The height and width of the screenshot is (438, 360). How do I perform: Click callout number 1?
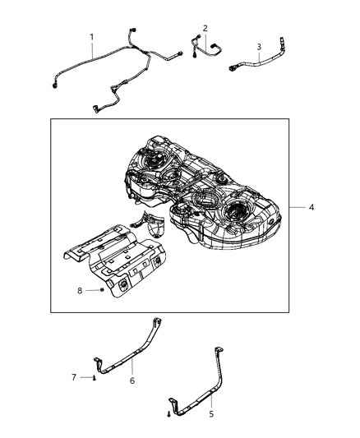pyautogui.click(x=92, y=37)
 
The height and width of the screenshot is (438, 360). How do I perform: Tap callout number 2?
pyautogui.click(x=205, y=27)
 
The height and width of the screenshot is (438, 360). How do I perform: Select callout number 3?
pyautogui.click(x=259, y=47)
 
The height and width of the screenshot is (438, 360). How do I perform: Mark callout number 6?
pyautogui.click(x=132, y=380)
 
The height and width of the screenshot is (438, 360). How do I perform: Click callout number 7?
pyautogui.click(x=73, y=377)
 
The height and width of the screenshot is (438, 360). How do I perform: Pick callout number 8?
pyautogui.click(x=80, y=290)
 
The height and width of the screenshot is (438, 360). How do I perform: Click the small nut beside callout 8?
pyautogui.click(x=99, y=291)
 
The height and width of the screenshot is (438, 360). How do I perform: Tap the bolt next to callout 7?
pyautogui.click(x=95, y=378)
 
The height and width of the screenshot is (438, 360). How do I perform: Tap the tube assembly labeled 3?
pyautogui.click(x=263, y=61)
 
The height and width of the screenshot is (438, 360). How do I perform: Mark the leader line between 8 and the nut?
pyautogui.click(x=89, y=291)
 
